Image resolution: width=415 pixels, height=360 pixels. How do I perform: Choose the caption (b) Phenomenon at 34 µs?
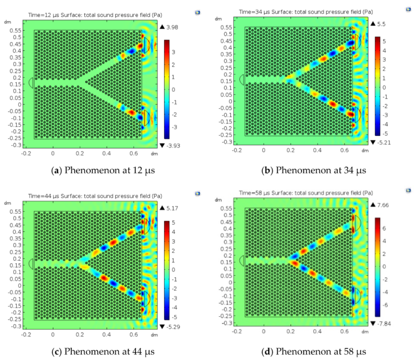coord(313,170)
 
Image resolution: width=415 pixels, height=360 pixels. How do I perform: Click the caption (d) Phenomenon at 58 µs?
coord(313,351)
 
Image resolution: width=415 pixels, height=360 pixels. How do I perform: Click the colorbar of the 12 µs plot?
coord(167,87)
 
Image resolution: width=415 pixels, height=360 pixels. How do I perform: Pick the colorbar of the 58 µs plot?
coord(378,266)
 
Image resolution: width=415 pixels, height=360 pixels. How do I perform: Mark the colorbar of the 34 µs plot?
coord(377,86)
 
